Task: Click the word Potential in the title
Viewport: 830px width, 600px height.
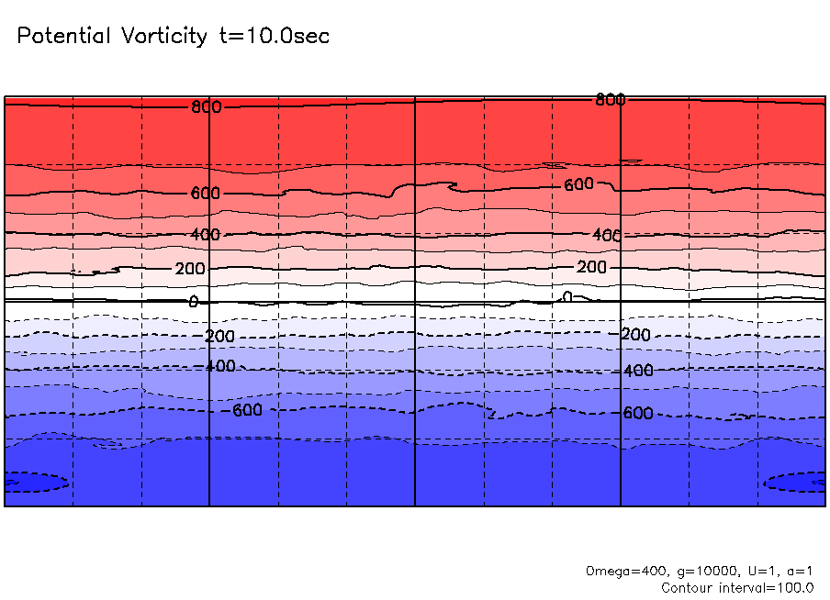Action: (63, 37)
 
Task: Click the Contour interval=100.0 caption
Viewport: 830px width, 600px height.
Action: (737, 587)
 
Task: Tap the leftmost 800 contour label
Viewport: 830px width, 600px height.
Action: (207, 107)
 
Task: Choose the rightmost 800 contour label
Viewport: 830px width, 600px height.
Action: (611, 99)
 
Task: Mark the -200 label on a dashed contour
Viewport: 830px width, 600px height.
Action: (219, 337)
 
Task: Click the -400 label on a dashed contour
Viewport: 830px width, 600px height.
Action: (219, 367)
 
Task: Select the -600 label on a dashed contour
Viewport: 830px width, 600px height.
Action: (246, 410)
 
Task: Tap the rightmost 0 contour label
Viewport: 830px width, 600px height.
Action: (567, 296)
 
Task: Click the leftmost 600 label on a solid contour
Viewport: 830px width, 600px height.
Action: (206, 194)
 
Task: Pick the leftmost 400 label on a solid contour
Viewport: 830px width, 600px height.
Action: (206, 235)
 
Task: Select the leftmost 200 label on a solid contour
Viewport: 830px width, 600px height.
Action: (190, 269)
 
